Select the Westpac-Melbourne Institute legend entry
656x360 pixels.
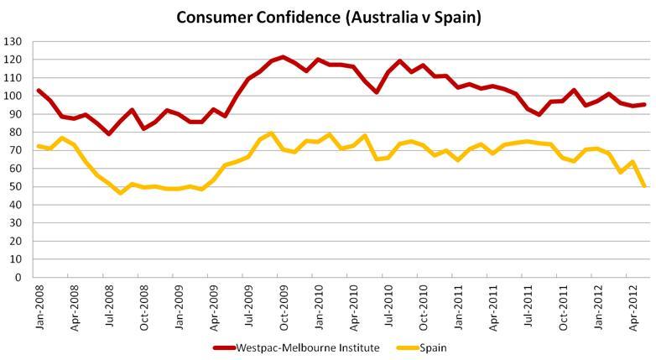coord(296,346)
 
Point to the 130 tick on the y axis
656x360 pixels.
coord(14,41)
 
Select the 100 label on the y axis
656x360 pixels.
coord(14,96)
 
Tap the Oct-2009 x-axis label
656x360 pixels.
coord(284,305)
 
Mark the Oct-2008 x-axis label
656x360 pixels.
coord(144,305)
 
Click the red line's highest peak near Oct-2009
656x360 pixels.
coord(283,57)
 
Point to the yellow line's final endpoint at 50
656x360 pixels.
coord(645,186)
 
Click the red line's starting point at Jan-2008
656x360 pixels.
coord(39,90)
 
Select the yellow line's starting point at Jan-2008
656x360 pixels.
coord(39,146)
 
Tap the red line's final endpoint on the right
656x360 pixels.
coord(645,104)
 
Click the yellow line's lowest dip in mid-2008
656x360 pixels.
coord(121,193)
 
